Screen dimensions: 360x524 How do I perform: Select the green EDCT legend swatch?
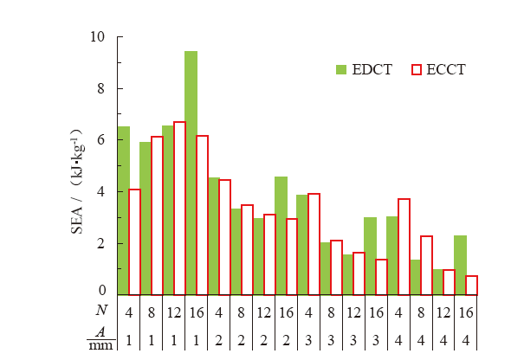[x=341, y=69]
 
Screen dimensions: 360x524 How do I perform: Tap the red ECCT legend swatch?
[x=415, y=69]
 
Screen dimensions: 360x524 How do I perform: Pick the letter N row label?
[x=100, y=308]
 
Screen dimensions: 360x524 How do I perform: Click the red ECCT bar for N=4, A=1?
[x=134, y=241]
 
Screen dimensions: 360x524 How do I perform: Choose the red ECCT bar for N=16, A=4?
[x=470, y=285]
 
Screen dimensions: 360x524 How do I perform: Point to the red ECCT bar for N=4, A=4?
[x=404, y=246]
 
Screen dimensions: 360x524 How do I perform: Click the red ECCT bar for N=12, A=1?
[x=179, y=208]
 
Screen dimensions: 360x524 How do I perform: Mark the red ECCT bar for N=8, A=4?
[x=425, y=265]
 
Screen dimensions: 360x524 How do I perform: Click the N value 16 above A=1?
[x=196, y=308]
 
